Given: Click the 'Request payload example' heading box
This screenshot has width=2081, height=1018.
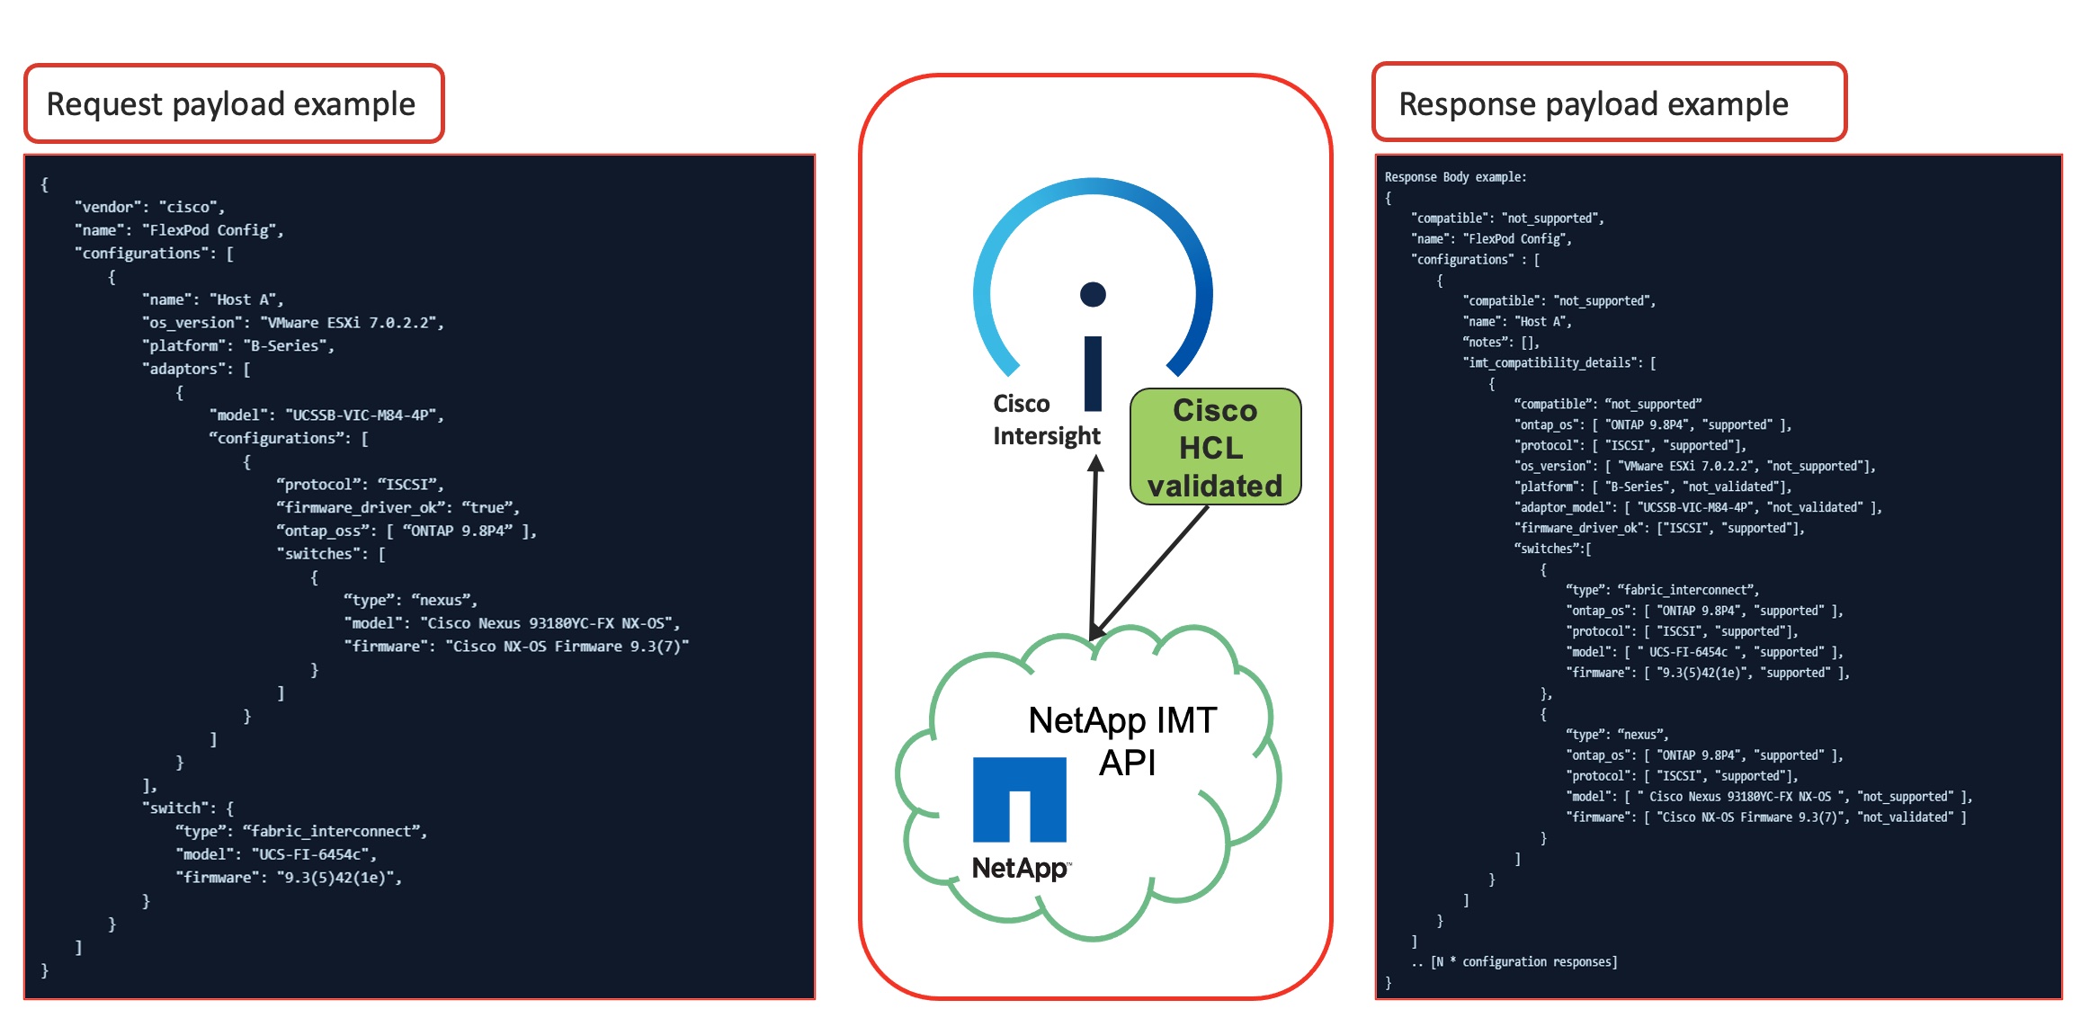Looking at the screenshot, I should [234, 104].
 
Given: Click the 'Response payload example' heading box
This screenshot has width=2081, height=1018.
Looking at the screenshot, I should [1609, 103].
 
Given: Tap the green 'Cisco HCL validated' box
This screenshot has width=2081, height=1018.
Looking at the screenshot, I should [1215, 447].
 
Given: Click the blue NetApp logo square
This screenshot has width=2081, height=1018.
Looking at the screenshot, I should [1019, 799].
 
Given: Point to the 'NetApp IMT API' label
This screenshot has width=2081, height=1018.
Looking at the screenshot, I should [1123, 741].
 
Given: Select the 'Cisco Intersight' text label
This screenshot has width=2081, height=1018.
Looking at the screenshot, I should [1046, 420].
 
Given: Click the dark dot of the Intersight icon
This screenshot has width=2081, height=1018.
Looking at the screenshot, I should [1093, 294].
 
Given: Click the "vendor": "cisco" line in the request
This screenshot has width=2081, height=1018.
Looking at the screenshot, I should [149, 207].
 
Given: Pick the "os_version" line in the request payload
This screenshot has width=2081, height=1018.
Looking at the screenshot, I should [292, 322].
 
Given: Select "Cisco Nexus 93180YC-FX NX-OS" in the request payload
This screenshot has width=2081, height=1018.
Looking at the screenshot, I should [549, 623].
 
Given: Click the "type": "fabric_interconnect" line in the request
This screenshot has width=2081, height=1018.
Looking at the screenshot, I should [301, 831].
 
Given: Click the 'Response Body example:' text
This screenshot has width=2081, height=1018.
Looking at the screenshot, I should [1455, 177].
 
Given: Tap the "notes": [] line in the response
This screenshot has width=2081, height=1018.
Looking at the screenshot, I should [1501, 342].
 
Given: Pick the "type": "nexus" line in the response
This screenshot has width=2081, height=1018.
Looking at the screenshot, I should [1616, 735].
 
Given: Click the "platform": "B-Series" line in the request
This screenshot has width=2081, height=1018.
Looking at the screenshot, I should [237, 345].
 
